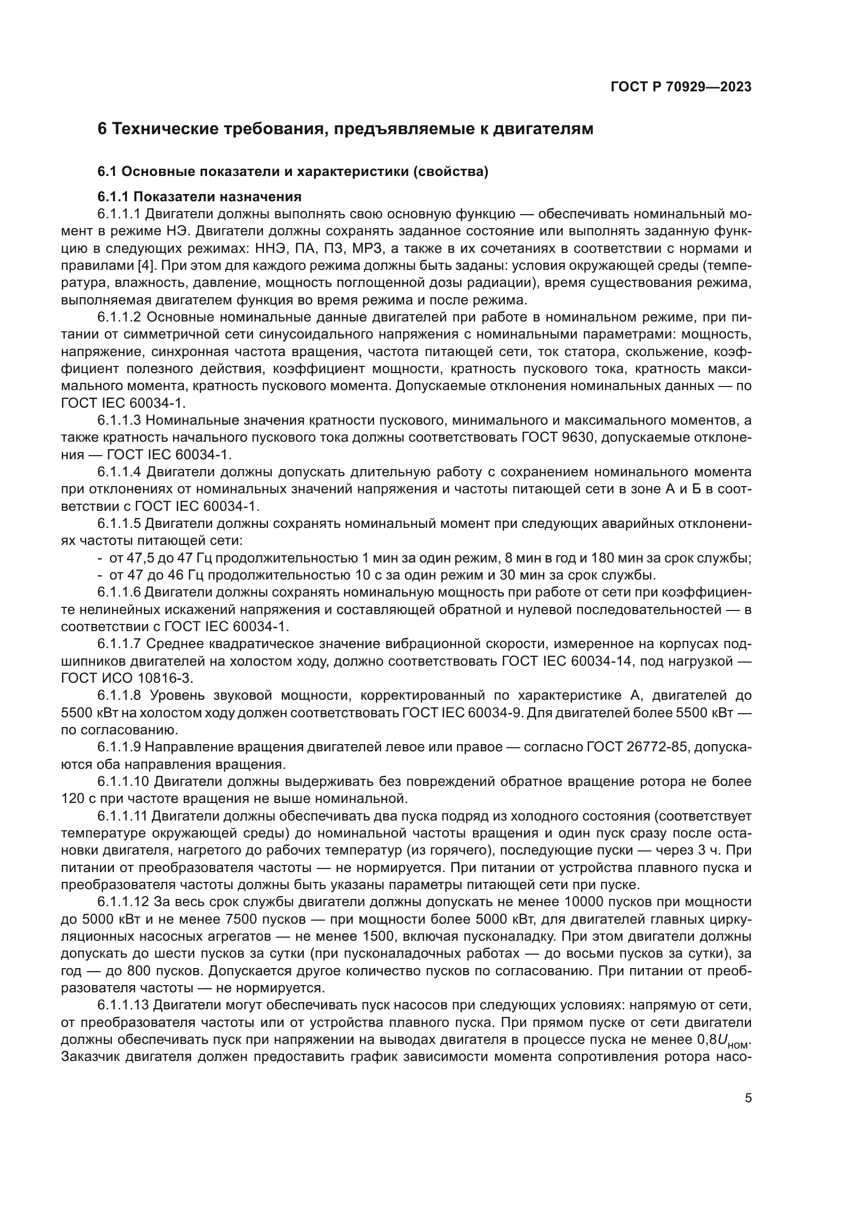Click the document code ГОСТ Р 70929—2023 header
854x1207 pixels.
681,87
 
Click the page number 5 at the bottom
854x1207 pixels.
748,1098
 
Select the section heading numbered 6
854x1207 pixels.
345,129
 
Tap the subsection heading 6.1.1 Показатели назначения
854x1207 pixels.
199,197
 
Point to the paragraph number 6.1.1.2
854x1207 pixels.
119,317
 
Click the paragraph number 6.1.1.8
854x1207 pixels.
119,696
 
